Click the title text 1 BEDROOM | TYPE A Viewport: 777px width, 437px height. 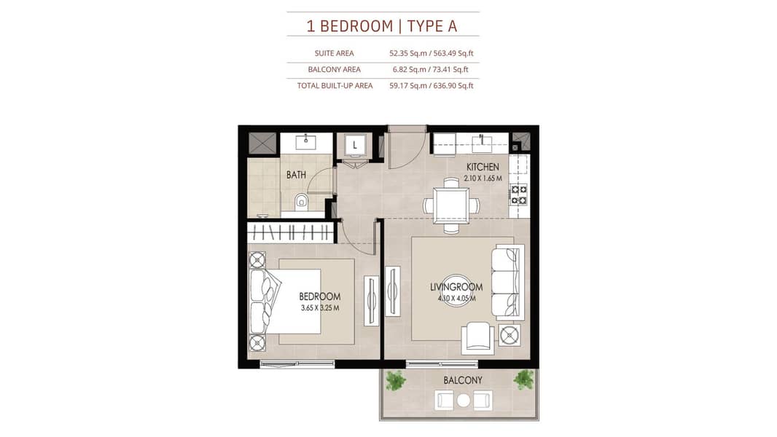(x=381, y=25)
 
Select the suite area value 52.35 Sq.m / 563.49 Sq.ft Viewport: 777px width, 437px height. (x=432, y=53)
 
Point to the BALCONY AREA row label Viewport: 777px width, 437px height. (x=334, y=69)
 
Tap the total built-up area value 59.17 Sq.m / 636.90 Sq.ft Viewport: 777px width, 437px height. (x=432, y=86)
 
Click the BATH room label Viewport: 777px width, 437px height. (x=296, y=175)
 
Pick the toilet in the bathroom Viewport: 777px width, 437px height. (x=301, y=202)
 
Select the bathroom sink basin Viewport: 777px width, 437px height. (x=305, y=143)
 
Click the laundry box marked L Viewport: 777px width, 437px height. (x=355, y=146)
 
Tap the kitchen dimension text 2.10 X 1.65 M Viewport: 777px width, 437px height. (x=483, y=178)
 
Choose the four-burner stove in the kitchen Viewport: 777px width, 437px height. (x=519, y=194)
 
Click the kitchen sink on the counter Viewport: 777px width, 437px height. (x=482, y=143)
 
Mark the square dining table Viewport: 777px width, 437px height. (x=451, y=205)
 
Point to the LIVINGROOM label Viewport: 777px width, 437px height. (x=456, y=287)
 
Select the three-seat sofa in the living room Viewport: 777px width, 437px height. (x=507, y=282)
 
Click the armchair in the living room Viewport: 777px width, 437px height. (x=477, y=339)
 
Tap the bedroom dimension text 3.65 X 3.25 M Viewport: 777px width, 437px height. (x=320, y=308)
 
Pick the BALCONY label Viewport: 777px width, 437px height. (x=463, y=380)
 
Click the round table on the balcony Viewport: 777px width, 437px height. (x=464, y=401)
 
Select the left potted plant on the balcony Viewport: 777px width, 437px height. (x=396, y=381)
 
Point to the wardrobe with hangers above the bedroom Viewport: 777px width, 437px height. (x=290, y=232)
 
